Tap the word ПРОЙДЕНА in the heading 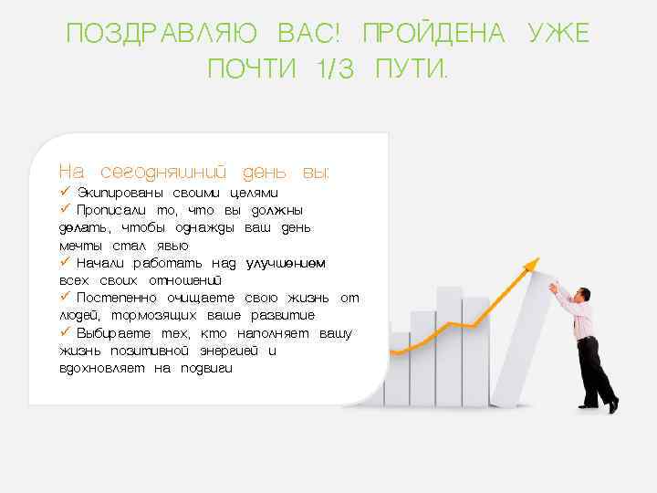coord(433,35)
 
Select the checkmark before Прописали coord(65,210)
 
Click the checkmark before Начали coord(65,262)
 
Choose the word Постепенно coord(117,298)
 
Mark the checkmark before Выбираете coord(65,332)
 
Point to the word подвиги coord(207,368)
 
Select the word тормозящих coord(144,315)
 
